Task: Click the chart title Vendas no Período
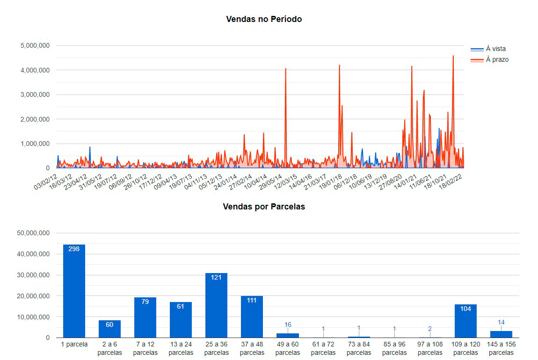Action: pyautogui.click(x=264, y=19)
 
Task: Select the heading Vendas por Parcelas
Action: pyautogui.click(x=264, y=207)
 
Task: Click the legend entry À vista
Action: pyautogui.click(x=495, y=49)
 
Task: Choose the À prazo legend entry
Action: pyautogui.click(x=497, y=59)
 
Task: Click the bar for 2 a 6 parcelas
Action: pyautogui.click(x=109, y=329)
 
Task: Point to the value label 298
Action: pyautogui.click(x=74, y=249)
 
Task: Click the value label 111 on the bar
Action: pyautogui.click(x=252, y=300)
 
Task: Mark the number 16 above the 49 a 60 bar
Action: pyautogui.click(x=288, y=324)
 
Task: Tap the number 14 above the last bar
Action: pyautogui.click(x=501, y=322)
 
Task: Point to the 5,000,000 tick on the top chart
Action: pyautogui.click(x=36, y=46)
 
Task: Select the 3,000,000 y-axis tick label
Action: pyautogui.click(x=36, y=95)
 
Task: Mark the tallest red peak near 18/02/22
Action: pyautogui.click(x=453, y=57)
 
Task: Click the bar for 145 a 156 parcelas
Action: pyautogui.click(x=501, y=334)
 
